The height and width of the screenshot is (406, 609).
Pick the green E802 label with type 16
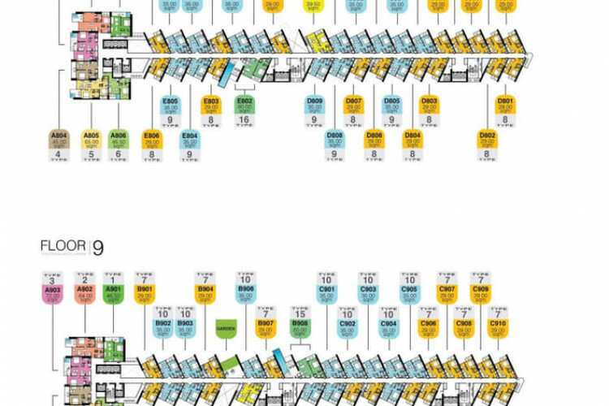(x=244, y=106)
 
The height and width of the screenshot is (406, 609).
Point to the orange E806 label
(x=151, y=139)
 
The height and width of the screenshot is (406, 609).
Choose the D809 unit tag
(x=315, y=106)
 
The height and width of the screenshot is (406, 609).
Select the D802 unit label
(x=487, y=139)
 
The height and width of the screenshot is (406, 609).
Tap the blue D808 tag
(x=335, y=139)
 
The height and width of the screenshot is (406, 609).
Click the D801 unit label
(x=505, y=106)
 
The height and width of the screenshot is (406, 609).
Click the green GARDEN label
(x=225, y=330)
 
